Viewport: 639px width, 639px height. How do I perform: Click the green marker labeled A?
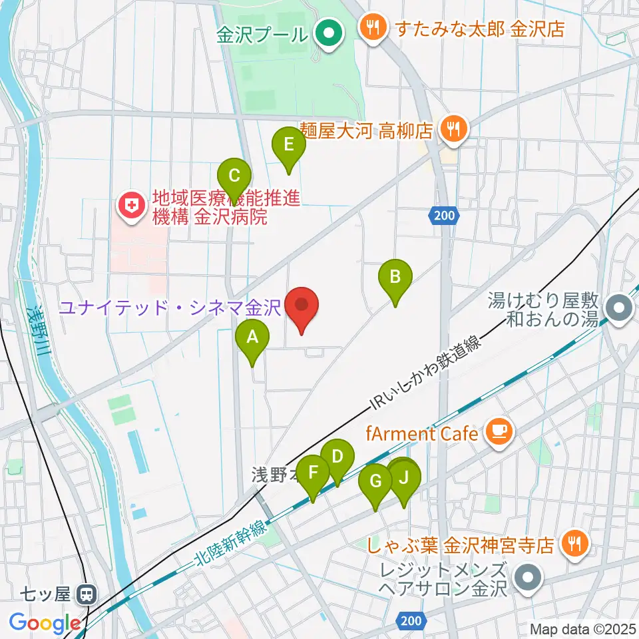tap(252, 338)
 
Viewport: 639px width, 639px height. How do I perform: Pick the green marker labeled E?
tap(289, 145)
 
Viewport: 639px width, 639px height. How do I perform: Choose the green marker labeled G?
tap(375, 481)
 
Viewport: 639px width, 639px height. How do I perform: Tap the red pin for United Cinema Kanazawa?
tap(302, 307)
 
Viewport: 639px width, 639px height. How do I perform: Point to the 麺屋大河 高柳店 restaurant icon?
tap(454, 128)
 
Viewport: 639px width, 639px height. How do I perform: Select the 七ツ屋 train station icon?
tap(85, 594)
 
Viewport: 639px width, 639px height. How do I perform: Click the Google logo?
tap(45, 623)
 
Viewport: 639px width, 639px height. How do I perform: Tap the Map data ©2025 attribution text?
tap(583, 628)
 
